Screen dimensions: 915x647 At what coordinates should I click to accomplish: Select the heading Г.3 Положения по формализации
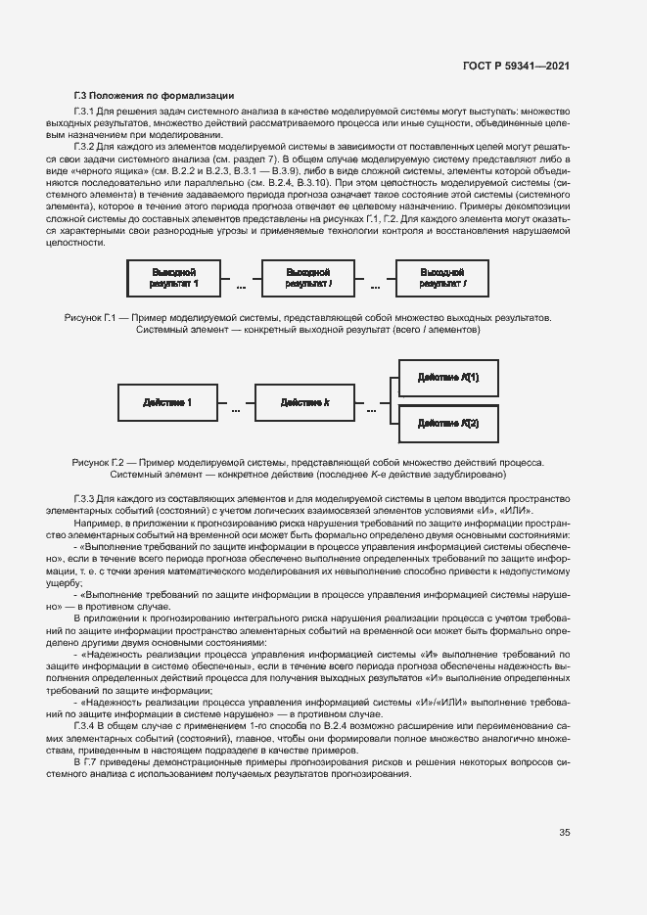click(x=154, y=96)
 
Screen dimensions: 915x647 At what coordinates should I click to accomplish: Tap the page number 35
click(x=565, y=834)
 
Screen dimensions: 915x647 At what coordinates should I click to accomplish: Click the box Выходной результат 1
click(x=173, y=277)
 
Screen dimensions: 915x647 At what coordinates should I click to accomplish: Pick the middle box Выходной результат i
click(x=308, y=277)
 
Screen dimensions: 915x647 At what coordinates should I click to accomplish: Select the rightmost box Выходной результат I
click(x=443, y=277)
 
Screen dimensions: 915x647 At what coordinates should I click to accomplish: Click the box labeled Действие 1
click(x=166, y=402)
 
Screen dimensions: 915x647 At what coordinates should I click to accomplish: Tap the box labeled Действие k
click(x=303, y=402)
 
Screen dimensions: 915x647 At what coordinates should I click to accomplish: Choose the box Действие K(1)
click(x=447, y=378)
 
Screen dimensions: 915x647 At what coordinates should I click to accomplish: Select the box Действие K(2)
click(x=447, y=423)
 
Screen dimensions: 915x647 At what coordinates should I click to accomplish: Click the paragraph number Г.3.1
click(x=83, y=114)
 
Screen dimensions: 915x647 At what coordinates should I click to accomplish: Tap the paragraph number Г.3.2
click(x=83, y=146)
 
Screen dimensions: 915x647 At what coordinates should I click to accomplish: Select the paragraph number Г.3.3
click(x=83, y=498)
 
